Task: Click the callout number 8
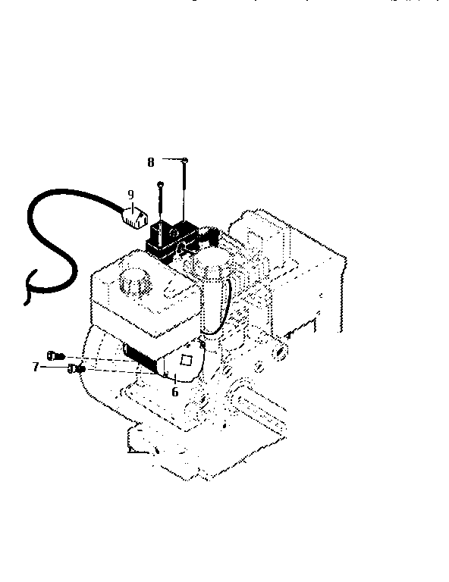pyautogui.click(x=151, y=161)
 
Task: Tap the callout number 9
pyautogui.click(x=130, y=194)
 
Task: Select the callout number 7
pyautogui.click(x=35, y=367)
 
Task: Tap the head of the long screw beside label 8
pyautogui.click(x=185, y=160)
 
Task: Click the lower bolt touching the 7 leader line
pyautogui.click(x=74, y=369)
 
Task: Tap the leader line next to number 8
pyautogui.click(x=169, y=161)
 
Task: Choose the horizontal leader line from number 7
pyautogui.click(x=53, y=367)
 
